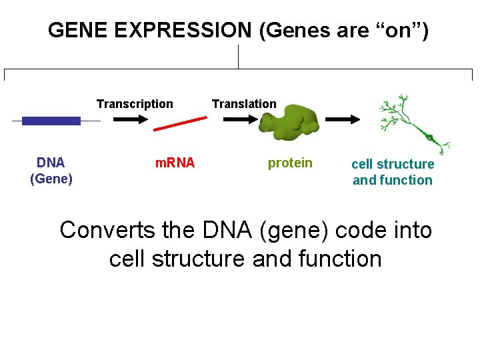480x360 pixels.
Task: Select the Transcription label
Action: coord(135,104)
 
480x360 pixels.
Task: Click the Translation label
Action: coord(244,104)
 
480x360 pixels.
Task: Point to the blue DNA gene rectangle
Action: coord(51,121)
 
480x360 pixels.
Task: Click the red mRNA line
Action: coord(179,124)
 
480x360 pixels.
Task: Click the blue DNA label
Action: coord(51,163)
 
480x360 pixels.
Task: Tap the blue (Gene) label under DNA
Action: coord(51,179)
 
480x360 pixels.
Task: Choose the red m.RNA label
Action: coord(175,163)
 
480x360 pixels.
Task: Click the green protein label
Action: coord(290,163)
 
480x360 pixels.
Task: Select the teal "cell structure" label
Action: coord(393,164)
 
